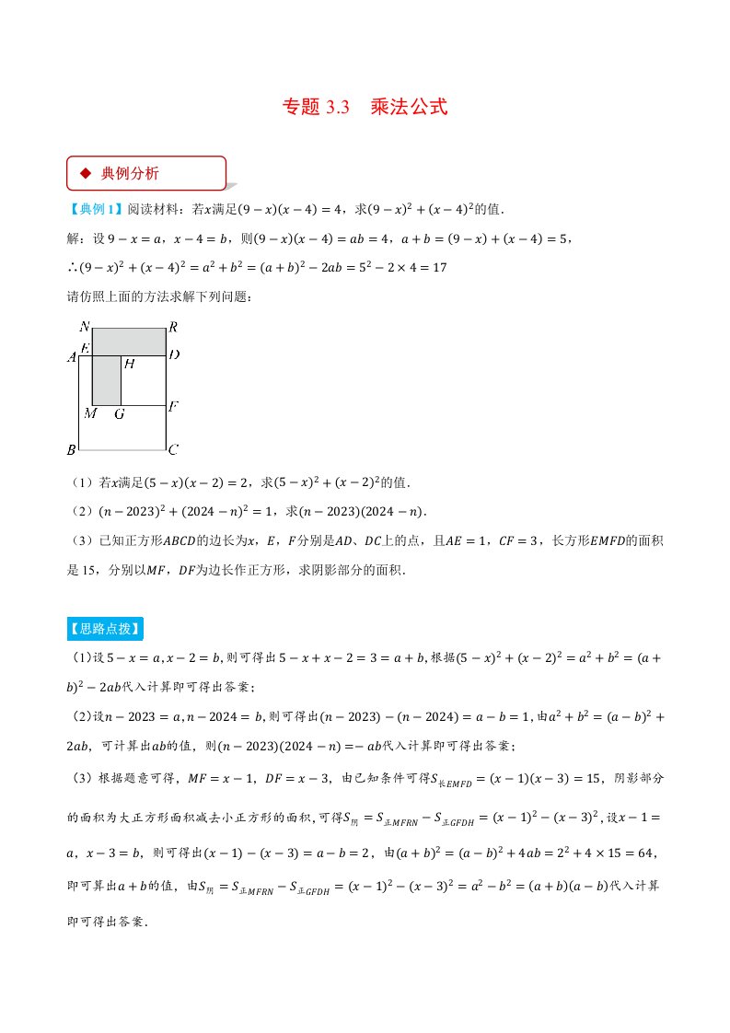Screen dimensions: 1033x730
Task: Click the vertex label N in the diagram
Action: (x=85, y=327)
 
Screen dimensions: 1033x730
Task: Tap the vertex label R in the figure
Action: (x=172, y=327)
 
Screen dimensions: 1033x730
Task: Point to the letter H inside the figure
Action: (x=129, y=365)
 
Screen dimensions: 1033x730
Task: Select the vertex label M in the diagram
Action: (x=90, y=413)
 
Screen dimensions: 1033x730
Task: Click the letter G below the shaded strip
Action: (x=119, y=414)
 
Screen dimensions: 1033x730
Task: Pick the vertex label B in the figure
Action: (x=71, y=450)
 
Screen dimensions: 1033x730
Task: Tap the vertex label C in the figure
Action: (x=172, y=450)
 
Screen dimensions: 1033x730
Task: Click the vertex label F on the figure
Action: (x=172, y=406)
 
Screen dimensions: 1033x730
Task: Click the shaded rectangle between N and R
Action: (x=129, y=341)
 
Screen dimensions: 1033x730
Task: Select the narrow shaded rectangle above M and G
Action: (x=107, y=380)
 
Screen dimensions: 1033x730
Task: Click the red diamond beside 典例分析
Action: (x=86, y=172)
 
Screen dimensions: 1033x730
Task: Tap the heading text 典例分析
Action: (x=130, y=172)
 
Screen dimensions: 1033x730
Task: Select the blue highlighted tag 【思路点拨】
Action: (x=104, y=630)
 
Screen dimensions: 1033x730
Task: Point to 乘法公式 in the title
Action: (x=409, y=107)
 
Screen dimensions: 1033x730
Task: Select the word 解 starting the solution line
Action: (x=74, y=239)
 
